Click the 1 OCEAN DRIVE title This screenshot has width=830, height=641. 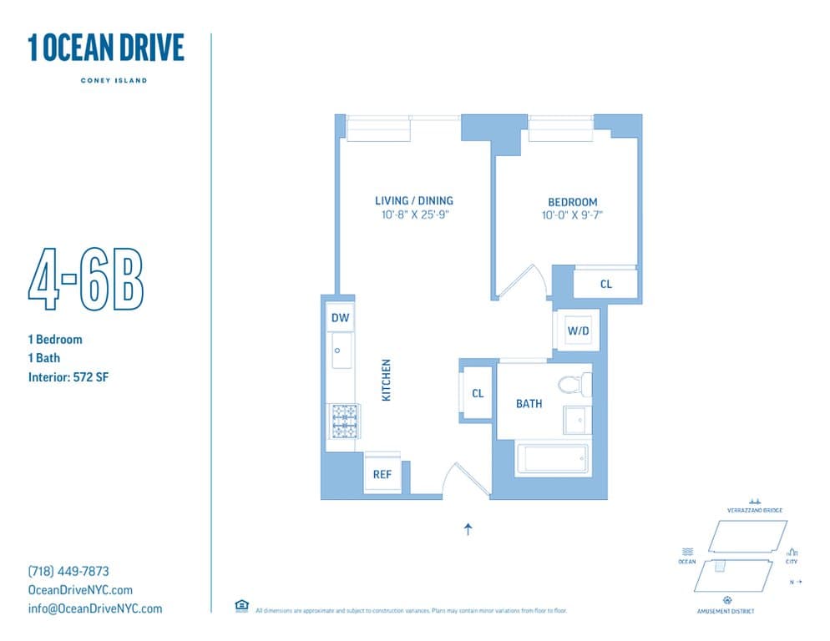(106, 48)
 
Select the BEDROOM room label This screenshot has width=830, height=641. (572, 202)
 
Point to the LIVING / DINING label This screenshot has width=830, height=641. (413, 200)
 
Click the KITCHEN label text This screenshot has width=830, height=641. (387, 381)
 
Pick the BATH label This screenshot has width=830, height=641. (529, 404)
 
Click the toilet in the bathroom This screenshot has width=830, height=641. (575, 385)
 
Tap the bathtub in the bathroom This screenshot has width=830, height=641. (552, 460)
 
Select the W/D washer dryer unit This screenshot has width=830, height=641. (578, 331)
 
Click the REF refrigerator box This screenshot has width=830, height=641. (382, 474)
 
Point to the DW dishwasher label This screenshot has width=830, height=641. (340, 318)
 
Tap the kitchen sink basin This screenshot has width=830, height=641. (342, 351)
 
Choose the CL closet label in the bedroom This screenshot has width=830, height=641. (605, 285)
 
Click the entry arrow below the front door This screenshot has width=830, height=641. (468, 528)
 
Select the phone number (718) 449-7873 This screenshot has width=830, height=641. (68, 572)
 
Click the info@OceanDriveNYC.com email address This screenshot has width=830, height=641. (95, 608)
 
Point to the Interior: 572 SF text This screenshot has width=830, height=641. (68, 377)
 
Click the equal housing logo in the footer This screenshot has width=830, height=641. (241, 606)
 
